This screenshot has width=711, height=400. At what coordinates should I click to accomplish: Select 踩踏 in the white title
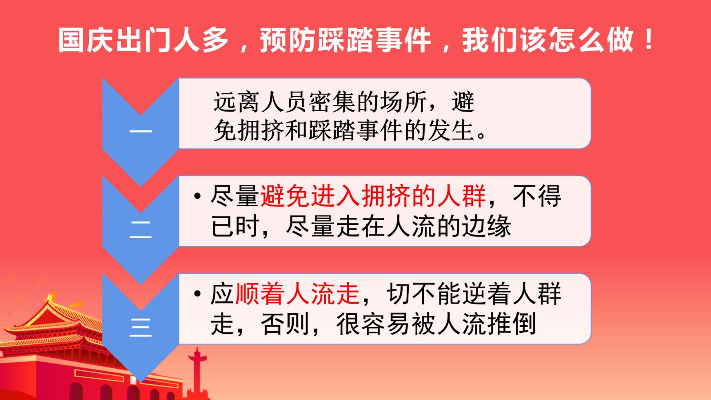[345, 40]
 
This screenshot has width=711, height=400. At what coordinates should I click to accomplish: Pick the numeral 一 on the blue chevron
[140, 131]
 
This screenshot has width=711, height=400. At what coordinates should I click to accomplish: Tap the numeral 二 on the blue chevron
[140, 229]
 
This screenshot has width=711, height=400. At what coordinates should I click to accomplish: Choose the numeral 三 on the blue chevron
[140, 327]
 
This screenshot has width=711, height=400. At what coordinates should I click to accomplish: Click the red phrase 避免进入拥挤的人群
[373, 196]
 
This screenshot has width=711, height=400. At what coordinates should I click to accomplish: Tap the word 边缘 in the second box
[486, 226]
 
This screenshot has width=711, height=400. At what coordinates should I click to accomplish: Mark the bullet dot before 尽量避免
[197, 196]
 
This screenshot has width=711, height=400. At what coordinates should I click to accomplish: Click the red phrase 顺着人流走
[297, 294]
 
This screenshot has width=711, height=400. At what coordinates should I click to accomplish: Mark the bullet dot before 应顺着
[197, 294]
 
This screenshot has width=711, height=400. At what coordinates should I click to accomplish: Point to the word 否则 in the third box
[285, 324]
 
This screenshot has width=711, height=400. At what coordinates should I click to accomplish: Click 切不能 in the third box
[424, 294]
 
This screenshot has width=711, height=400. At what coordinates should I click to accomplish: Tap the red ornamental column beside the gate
[197, 373]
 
